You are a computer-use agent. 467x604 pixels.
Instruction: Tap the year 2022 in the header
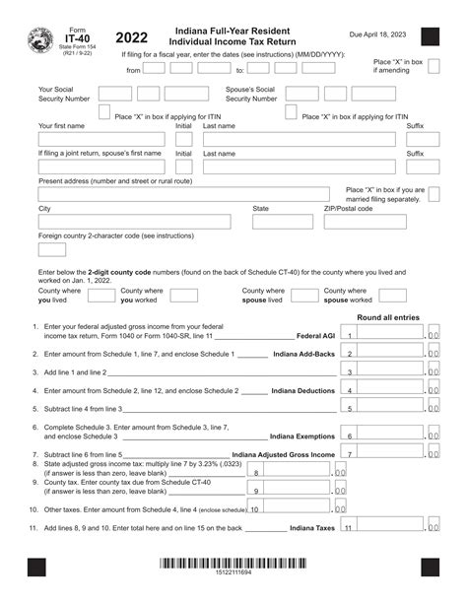pos(131,38)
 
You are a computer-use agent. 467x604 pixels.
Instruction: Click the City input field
pos(140,222)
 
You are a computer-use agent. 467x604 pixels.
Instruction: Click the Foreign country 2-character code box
pos(51,249)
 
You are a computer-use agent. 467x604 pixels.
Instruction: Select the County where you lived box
pos(97,295)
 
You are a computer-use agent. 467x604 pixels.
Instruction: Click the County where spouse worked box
pos(392,295)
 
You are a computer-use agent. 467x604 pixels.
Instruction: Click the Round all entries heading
pos(388,317)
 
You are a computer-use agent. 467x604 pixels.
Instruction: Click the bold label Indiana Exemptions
pos(302,436)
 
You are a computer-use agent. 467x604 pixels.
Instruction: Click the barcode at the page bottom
pos(234,566)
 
